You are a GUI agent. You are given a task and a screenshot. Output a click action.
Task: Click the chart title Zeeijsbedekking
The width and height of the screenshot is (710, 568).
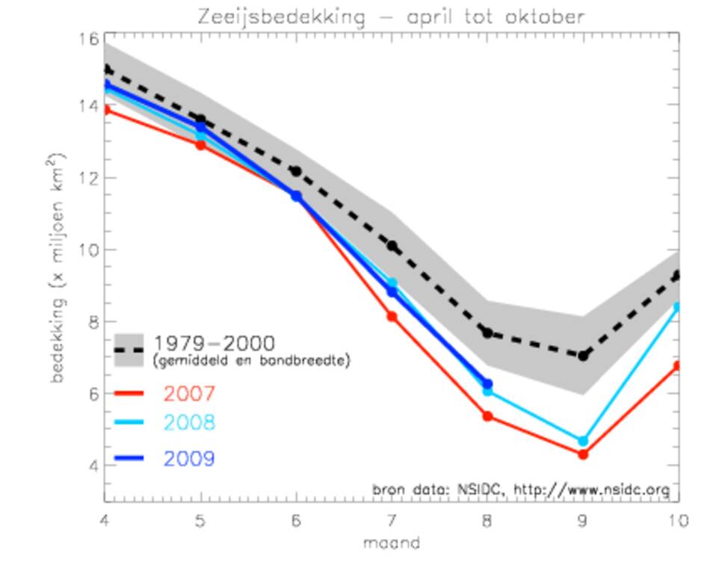(x=391, y=16)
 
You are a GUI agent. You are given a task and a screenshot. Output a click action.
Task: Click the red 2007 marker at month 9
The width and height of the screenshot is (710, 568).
(x=583, y=454)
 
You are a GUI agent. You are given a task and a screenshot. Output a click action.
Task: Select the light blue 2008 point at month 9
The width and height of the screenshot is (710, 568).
(x=583, y=441)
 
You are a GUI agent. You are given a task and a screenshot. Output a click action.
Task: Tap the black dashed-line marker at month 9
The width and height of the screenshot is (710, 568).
(x=583, y=356)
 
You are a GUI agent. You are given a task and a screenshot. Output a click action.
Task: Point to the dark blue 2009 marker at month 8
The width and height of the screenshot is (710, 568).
(x=487, y=383)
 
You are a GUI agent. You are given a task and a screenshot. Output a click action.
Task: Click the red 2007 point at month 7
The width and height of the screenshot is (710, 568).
(x=392, y=317)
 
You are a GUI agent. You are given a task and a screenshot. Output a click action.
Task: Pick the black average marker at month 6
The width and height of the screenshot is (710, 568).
(x=296, y=171)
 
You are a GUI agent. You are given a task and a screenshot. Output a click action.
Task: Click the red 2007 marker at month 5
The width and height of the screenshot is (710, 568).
(x=200, y=145)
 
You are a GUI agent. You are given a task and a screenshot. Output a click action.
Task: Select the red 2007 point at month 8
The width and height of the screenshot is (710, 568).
(x=487, y=416)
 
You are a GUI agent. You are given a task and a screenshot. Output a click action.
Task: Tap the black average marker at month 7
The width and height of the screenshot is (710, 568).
(x=392, y=246)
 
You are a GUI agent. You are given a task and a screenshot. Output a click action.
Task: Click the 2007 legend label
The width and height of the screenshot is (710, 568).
(x=189, y=393)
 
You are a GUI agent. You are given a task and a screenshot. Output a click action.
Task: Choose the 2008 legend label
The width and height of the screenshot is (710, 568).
(x=189, y=423)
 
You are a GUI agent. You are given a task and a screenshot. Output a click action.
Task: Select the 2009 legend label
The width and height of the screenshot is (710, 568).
(x=189, y=459)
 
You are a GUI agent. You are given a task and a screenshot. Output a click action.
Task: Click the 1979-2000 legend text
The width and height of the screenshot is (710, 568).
(x=214, y=343)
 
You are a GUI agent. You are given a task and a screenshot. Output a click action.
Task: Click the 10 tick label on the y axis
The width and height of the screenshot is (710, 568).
(x=88, y=250)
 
